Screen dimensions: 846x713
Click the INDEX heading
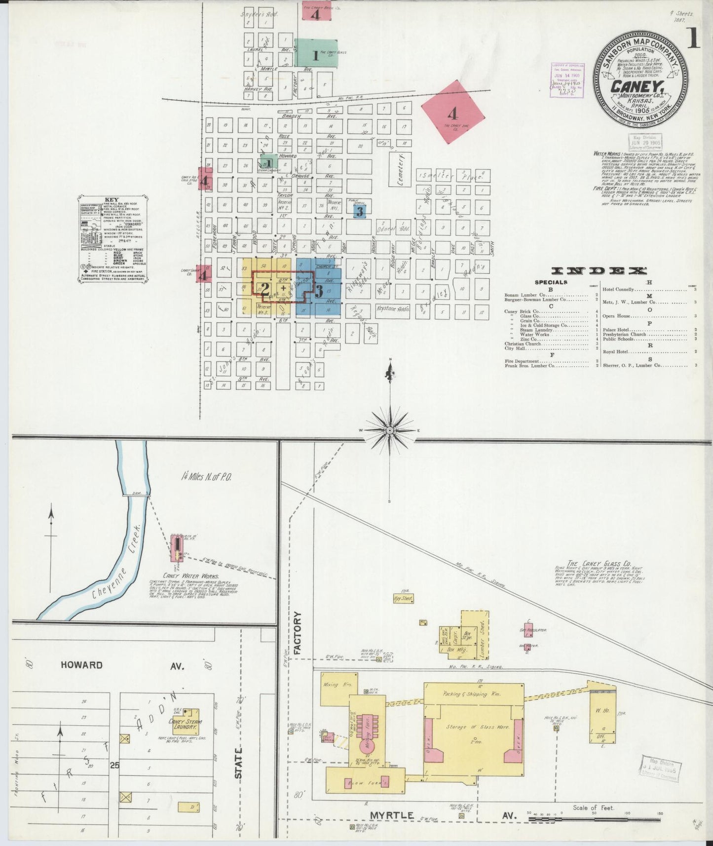[599, 270]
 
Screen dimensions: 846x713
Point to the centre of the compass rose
[390, 430]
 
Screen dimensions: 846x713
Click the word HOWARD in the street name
[82, 665]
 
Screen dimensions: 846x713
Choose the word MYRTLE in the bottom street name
[392, 815]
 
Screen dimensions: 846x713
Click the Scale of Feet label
[593, 808]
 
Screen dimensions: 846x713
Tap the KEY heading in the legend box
[112, 199]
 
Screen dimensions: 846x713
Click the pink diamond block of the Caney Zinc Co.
[452, 113]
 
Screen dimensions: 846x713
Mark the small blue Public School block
[360, 211]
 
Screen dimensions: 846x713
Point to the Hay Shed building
[403, 598]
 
